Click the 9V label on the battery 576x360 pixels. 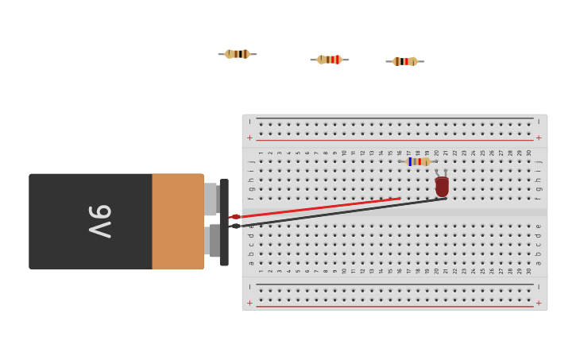(100, 221)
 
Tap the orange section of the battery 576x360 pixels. (177, 221)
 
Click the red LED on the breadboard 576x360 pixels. (442, 187)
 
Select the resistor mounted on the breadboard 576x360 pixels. (418, 161)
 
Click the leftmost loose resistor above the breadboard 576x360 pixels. (237, 54)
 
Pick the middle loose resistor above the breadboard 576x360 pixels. (329, 60)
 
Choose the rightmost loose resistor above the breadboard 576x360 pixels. (404, 61)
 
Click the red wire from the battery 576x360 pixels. (318, 207)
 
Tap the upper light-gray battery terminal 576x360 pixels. (211, 199)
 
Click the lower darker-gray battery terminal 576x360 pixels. (214, 241)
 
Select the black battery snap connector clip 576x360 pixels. (224, 222)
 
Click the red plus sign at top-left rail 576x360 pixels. (249, 137)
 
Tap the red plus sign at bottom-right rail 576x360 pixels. (539, 303)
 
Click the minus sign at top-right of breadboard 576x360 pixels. (539, 122)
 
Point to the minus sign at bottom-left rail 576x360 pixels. (249, 287)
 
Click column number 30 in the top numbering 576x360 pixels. (529, 153)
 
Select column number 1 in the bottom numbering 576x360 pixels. (261, 271)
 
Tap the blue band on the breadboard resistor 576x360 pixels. (410, 161)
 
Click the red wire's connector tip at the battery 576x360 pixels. (234, 216)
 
